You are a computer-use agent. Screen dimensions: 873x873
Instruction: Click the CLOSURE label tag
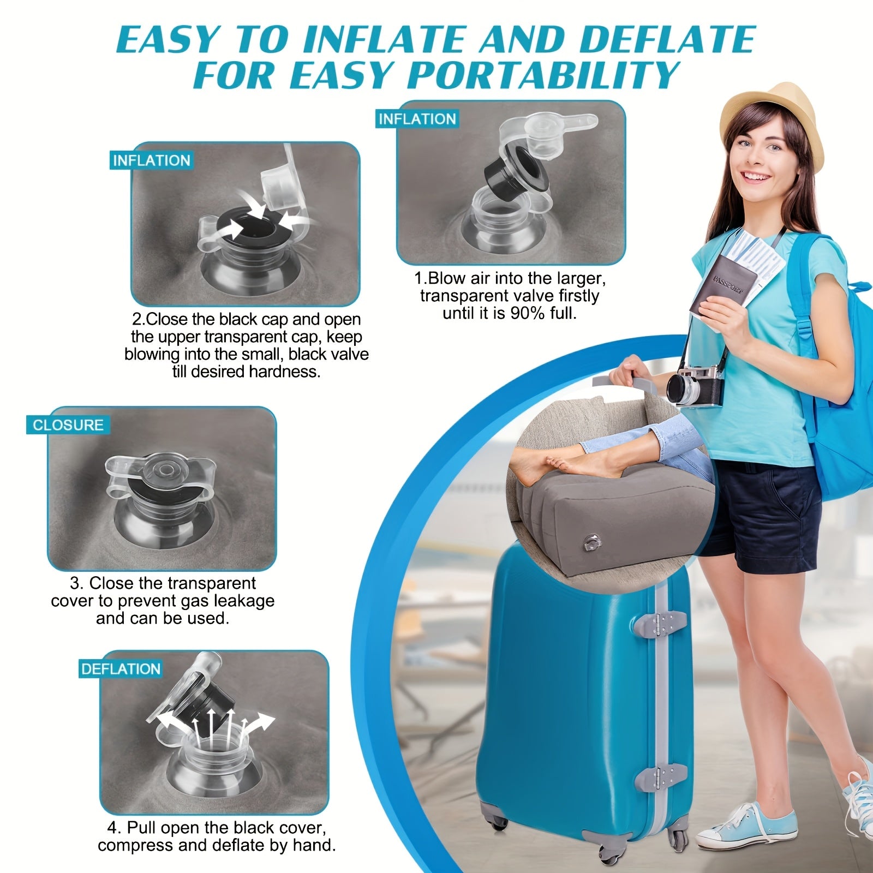68,425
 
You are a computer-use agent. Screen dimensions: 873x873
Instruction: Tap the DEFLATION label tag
121,669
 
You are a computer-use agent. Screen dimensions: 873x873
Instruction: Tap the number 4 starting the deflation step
112,828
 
